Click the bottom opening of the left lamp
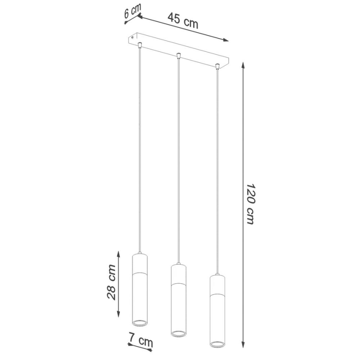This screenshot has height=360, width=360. (x=139, y=322)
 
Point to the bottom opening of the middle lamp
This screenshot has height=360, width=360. (x=178, y=333)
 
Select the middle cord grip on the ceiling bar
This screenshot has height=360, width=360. (x=178, y=55)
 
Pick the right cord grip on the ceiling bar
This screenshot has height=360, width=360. (x=217, y=66)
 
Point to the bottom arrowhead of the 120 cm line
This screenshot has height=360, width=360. (x=243, y=345)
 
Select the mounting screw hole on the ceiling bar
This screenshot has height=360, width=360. (x=133, y=38)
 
